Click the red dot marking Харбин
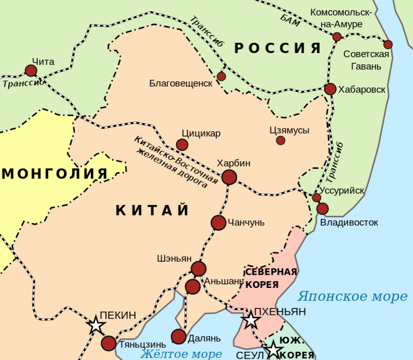point(229,177)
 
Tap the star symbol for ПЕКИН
point(96,325)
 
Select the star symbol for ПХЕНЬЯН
point(251,320)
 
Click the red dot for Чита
point(31,71)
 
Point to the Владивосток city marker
point(322,209)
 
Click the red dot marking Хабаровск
point(331,89)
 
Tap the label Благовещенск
point(180,83)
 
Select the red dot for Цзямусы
point(280,140)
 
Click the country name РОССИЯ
point(278,48)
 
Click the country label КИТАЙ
point(152,210)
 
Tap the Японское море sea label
point(352,297)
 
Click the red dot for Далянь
point(178,337)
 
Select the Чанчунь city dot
point(219,222)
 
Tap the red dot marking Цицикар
point(182,145)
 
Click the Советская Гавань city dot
point(388,44)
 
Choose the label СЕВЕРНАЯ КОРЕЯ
point(270,278)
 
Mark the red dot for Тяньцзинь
point(109,343)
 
